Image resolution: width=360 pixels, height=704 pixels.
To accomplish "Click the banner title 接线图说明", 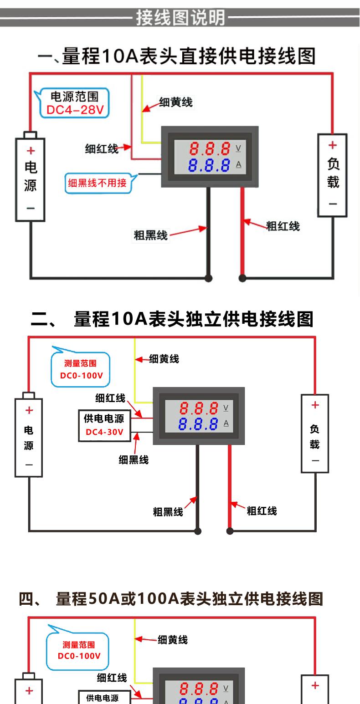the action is click(180, 18).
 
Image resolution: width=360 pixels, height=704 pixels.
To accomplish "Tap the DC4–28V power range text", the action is click(75, 110).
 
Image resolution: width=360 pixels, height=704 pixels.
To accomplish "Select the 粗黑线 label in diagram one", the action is click(150, 235).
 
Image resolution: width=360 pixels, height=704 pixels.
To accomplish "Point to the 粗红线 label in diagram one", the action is click(283, 226).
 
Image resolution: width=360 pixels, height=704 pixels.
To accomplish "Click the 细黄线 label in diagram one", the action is click(176, 102).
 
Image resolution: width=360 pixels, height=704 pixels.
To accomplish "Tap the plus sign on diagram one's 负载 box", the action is click(332, 145).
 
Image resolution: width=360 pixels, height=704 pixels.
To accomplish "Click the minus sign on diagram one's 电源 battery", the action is click(31, 208).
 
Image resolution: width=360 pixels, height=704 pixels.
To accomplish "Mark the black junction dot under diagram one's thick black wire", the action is click(208, 278).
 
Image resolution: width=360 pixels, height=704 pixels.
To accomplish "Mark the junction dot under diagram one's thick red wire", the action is click(242, 278).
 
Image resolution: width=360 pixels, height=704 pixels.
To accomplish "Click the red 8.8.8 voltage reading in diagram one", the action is click(210, 148).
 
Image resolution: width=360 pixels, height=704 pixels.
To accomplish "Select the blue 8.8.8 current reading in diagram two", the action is click(198, 424).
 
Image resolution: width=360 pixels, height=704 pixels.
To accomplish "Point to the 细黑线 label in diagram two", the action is click(134, 460).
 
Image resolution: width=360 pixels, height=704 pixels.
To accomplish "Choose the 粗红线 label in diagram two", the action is click(262, 511).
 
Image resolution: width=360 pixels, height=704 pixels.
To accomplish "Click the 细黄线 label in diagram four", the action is click(173, 640).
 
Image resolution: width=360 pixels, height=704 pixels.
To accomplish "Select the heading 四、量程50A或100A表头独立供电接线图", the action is click(171, 599).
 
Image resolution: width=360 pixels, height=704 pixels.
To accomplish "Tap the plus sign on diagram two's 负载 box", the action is click(315, 405).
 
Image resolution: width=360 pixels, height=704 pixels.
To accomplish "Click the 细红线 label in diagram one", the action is click(102, 148).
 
